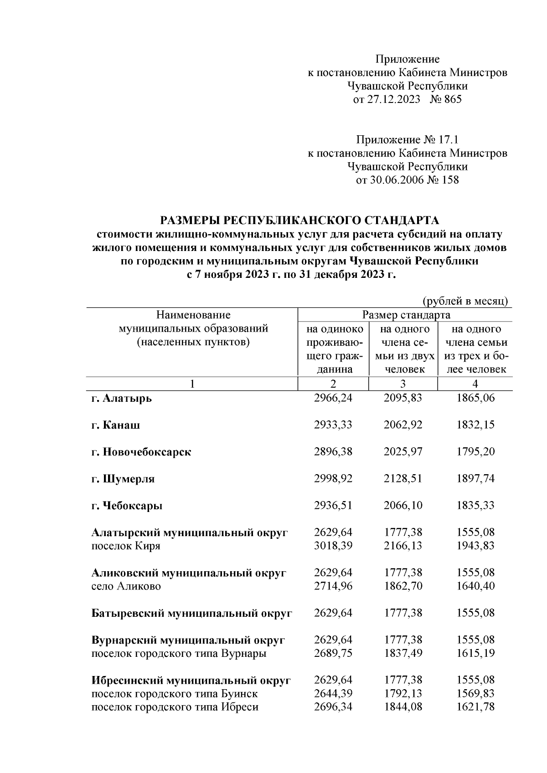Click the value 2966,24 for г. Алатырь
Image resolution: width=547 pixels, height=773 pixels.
point(333,398)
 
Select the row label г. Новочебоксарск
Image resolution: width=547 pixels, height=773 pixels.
point(141,452)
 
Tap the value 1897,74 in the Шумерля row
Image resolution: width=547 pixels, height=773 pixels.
point(475,479)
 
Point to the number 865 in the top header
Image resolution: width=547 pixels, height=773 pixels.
point(452,99)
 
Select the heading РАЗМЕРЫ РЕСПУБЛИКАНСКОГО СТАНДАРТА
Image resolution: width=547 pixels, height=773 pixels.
point(299,221)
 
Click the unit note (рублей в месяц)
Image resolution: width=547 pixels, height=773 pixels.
point(465,302)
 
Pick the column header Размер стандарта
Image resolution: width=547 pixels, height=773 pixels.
point(406,315)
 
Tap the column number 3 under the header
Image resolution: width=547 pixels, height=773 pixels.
point(403,384)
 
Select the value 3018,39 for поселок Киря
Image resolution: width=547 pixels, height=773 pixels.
point(333,546)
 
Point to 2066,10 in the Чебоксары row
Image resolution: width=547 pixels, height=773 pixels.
point(403,506)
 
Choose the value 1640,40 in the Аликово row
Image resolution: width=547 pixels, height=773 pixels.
point(475,586)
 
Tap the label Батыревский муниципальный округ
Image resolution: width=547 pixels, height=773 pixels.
point(191,613)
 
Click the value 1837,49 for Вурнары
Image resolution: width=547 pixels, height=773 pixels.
point(403,654)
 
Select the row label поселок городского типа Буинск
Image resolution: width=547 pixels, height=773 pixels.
point(175,694)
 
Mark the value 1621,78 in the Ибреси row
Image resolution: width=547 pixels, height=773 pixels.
point(475,707)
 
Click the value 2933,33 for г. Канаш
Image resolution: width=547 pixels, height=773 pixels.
point(333,425)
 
